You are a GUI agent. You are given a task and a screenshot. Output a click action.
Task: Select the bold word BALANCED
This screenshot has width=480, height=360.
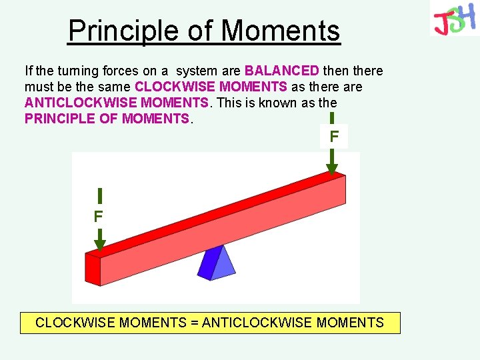281,71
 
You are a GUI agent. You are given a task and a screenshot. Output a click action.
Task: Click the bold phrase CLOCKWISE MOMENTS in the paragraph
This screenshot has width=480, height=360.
211,87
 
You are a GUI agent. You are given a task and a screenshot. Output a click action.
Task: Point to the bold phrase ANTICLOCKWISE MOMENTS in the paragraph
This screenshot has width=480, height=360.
117,103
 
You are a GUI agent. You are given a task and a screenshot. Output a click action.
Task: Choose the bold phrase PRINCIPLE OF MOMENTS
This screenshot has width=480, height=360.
107,119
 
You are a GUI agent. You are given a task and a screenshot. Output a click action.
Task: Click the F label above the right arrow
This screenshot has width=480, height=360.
333,137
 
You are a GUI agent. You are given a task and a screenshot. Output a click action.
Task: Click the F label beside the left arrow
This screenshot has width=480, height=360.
98,217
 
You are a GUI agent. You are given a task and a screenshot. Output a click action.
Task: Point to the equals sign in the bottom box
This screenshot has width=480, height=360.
195,323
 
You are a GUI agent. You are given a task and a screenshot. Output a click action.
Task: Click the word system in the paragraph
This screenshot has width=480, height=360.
195,71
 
